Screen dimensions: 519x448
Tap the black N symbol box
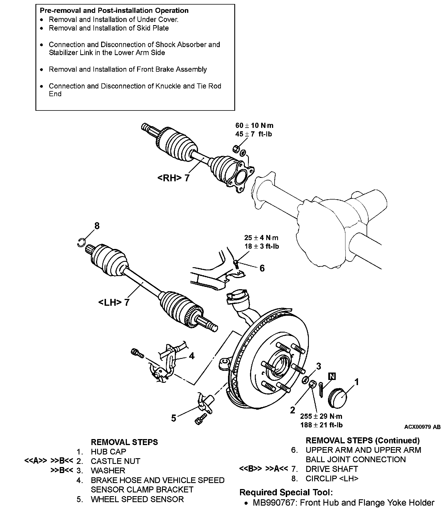(x=332, y=376)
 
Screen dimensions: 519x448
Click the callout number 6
(x=262, y=268)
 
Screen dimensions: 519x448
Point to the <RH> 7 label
(x=173, y=178)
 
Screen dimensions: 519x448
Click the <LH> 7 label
(x=114, y=302)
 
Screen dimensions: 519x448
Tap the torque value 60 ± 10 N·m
(x=254, y=125)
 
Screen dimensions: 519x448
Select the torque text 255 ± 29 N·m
(x=321, y=416)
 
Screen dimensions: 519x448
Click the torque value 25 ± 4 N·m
(x=261, y=238)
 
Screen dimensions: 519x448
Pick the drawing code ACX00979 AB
(x=422, y=427)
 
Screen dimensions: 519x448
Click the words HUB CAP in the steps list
(x=108, y=452)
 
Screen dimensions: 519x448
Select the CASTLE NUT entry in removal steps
(x=115, y=461)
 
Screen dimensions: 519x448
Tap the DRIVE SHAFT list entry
(x=331, y=469)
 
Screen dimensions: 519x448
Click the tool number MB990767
(x=273, y=503)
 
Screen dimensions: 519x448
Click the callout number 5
(x=174, y=418)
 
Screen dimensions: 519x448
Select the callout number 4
(x=192, y=356)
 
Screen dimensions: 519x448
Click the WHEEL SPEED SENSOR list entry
(x=137, y=499)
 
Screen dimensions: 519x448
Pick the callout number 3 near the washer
(x=318, y=366)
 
